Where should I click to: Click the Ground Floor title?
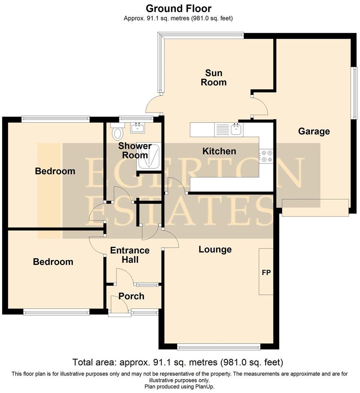[179, 8]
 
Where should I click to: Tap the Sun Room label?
[214, 77]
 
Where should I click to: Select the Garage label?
[314, 131]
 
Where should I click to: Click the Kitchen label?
[219, 151]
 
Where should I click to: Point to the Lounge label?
[215, 249]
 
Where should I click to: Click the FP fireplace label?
[266, 272]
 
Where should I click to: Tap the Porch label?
[131, 296]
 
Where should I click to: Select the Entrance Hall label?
[130, 255]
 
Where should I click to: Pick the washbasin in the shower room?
[138, 128]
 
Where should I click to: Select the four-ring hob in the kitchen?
[266, 156]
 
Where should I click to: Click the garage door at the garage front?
[315, 208]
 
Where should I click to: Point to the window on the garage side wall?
[354, 93]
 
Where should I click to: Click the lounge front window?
[219, 347]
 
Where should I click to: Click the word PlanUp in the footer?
[206, 387]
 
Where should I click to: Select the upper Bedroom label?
[55, 171]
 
